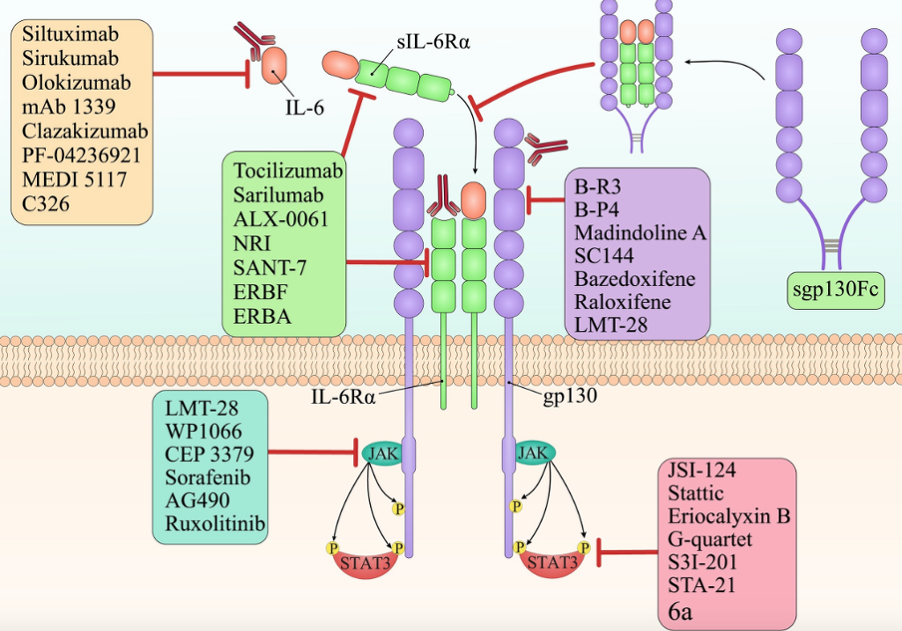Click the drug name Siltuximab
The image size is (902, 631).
[70, 36]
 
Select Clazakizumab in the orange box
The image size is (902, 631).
[85, 131]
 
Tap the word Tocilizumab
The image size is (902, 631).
[288, 170]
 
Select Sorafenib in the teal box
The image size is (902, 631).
[205, 479]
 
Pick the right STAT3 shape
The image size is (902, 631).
[552, 561]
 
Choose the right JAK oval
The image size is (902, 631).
[532, 452]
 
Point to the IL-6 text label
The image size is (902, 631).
[305, 108]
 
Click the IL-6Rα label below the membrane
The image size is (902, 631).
[343, 396]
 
